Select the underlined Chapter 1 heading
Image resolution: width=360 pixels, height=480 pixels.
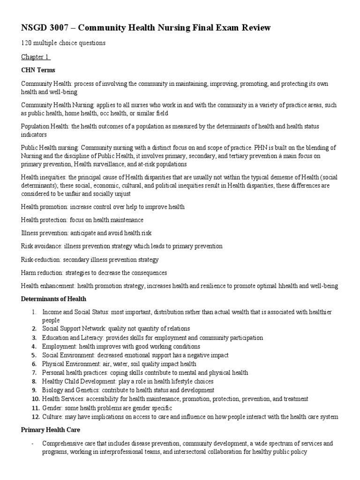pos(35,57)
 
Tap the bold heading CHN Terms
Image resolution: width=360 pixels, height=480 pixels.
pos(38,70)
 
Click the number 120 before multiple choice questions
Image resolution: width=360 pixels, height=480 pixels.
pos(27,44)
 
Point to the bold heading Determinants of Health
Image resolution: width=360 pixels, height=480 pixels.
pos(53,299)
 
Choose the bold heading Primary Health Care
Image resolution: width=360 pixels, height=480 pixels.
pos(50,430)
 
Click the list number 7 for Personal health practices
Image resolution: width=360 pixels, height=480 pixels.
pos(34,373)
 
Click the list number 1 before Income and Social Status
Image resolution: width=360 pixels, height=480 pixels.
pos(34,312)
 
